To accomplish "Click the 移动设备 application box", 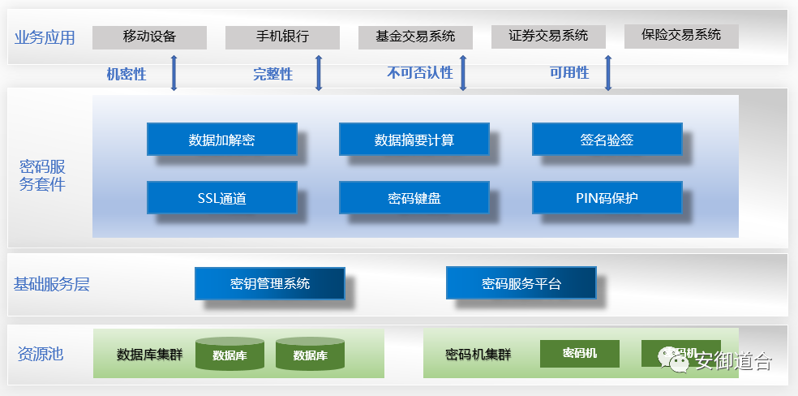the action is coord(149,37).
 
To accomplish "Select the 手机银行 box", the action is coord(282,37).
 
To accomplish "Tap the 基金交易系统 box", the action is coord(415,37).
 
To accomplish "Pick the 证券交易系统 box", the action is coord(548,36).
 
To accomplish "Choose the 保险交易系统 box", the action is coord(680,35).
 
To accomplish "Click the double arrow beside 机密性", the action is coord(174,74).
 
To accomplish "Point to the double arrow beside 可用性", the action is coord(608,74).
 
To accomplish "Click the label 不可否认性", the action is coord(419,73).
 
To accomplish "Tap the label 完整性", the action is coord(272,75).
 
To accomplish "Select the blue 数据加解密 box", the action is coord(221,140).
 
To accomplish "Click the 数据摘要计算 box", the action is coord(414,140).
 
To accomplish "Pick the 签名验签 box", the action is coord(607,140).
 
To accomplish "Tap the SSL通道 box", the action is coord(221,197).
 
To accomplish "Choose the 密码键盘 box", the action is coord(414,197).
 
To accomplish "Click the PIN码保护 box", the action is coord(607,197).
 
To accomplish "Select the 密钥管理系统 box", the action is coord(269,283).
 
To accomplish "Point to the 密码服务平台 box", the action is coord(521,283).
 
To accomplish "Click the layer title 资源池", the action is coord(40,354).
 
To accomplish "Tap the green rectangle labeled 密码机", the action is coord(579,353).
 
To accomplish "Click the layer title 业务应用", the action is coord(45,37).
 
